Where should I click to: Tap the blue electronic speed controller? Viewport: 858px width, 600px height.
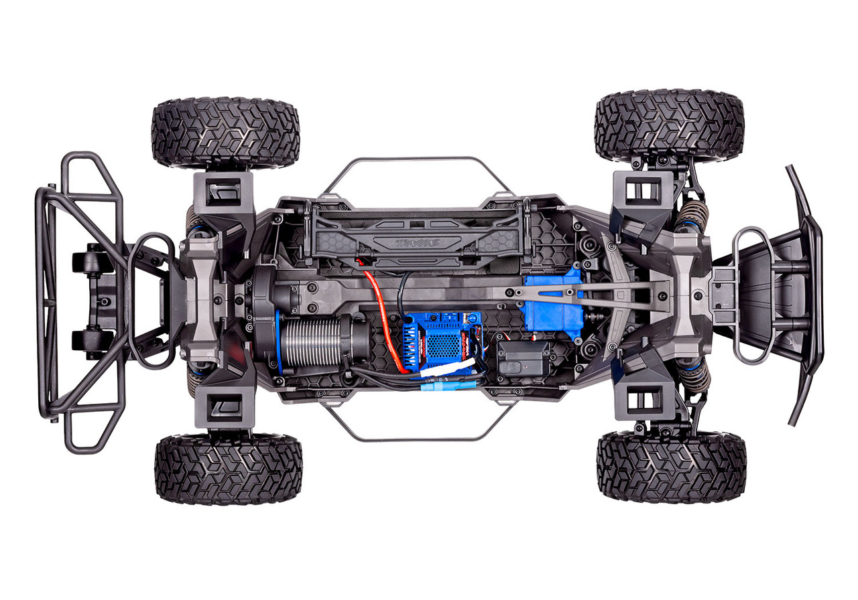tap(442, 338)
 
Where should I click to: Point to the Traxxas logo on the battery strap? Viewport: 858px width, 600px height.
tap(416, 242)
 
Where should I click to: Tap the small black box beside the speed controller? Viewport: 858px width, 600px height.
tap(523, 358)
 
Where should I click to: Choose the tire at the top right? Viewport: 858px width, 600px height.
tap(669, 126)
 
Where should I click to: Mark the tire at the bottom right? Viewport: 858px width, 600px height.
tap(671, 467)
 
